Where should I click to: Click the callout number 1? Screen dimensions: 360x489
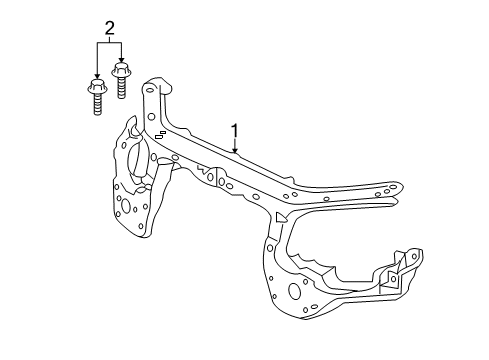click(234, 130)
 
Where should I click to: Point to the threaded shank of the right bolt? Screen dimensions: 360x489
click(122, 89)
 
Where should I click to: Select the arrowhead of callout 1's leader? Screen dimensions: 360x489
click(235, 151)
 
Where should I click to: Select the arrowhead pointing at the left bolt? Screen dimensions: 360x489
click(96, 80)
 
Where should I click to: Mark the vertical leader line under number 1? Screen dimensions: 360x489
click(235, 143)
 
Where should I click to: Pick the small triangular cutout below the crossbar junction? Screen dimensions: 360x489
click(283, 216)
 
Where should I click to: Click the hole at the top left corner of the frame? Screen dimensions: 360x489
click(151, 90)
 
